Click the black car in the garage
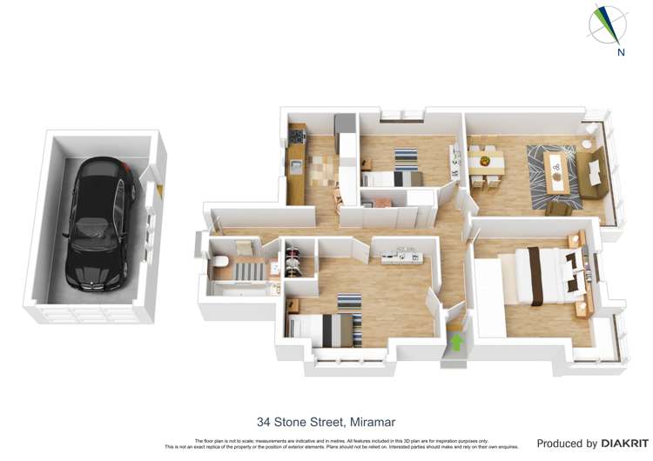[x=102, y=224]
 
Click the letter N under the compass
[x=620, y=52]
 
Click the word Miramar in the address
[x=372, y=423]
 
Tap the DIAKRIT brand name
[x=624, y=444]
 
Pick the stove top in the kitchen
[x=297, y=137]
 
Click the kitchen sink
[x=297, y=164]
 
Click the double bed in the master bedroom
[x=546, y=274]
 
